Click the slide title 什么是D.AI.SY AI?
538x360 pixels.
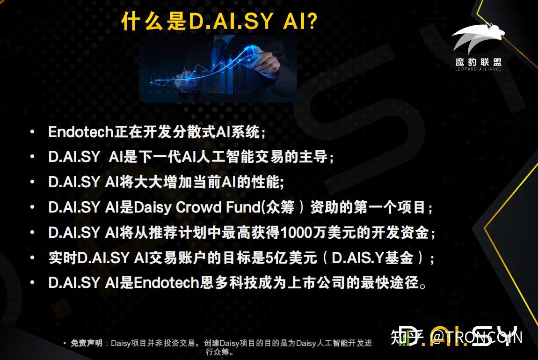[x=219, y=21]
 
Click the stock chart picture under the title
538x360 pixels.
[x=218, y=69]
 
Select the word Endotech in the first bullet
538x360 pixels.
[x=81, y=132]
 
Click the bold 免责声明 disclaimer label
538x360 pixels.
[x=86, y=343]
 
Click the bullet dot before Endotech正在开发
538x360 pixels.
[x=32, y=132]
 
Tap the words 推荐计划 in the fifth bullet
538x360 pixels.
[x=176, y=232]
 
